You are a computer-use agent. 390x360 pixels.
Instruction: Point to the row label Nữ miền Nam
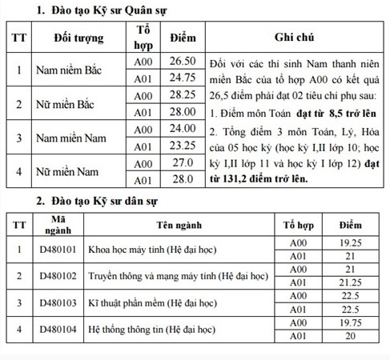click(67, 171)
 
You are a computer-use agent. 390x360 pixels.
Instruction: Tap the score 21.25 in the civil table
click(345, 282)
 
